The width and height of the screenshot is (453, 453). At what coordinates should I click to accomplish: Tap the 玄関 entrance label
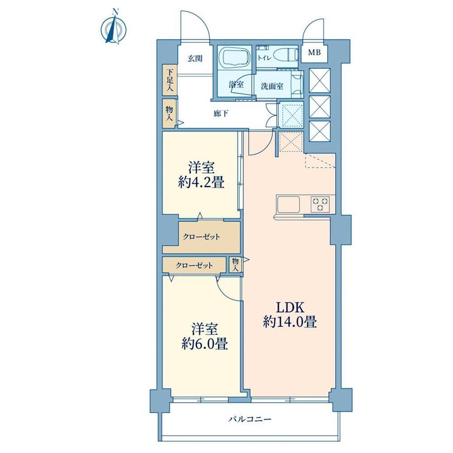[x=195, y=59]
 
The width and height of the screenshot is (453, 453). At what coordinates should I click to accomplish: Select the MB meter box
[x=314, y=53]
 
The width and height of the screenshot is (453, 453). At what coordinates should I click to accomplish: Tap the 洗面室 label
[x=272, y=86]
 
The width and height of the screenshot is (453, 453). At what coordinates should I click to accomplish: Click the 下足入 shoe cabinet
[x=170, y=80]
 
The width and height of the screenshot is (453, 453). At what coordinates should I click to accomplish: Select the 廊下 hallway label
[x=221, y=114]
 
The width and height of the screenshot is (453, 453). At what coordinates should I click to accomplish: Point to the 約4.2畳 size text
[x=201, y=182]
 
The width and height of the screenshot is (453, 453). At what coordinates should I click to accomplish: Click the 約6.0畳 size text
[x=204, y=344]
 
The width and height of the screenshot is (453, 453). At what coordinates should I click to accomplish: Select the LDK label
[x=290, y=308]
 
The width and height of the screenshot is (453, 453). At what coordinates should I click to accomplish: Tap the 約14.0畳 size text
[x=290, y=322]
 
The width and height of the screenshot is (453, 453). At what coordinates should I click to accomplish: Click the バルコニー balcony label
[x=250, y=419]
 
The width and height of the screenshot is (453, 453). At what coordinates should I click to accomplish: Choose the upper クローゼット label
[x=201, y=237]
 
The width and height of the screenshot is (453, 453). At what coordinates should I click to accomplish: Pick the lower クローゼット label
[x=194, y=265]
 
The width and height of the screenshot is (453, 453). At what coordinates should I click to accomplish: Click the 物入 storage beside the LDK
[x=236, y=264]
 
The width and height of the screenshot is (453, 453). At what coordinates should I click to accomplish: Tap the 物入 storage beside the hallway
[x=169, y=114]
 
